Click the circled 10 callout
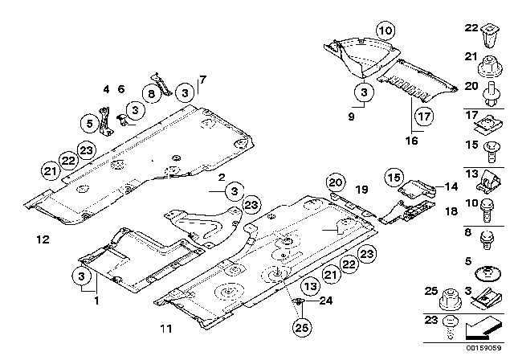[386, 31]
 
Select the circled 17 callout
[423, 114]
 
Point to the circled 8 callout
[152, 93]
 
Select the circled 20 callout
[333, 184]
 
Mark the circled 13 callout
[310, 287]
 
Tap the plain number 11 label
[166, 327]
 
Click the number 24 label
[324, 303]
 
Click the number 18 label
[450, 210]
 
